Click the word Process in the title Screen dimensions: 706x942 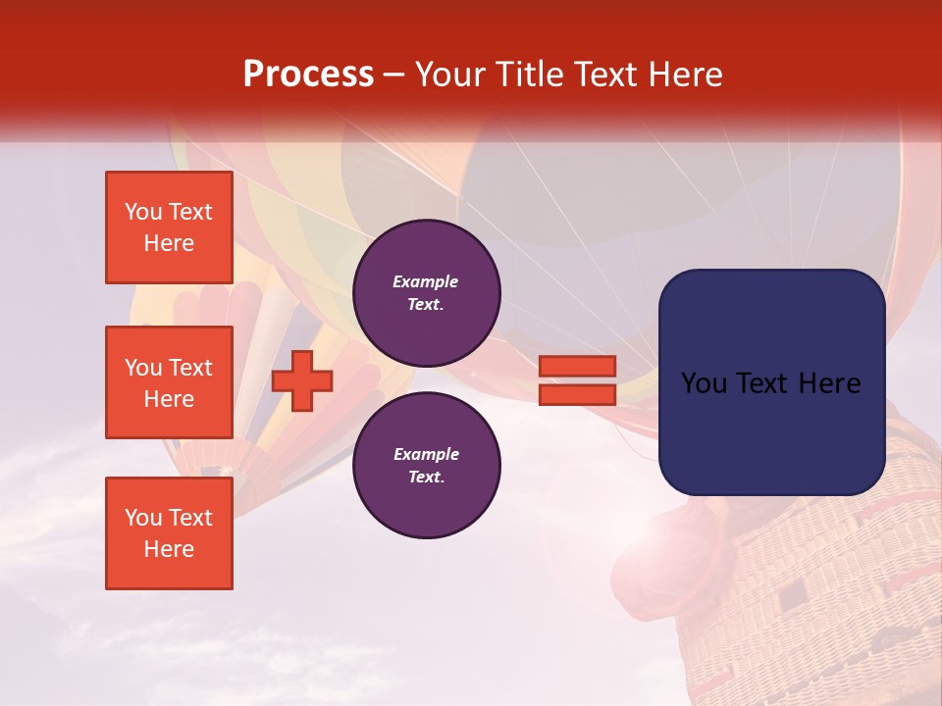coord(308,75)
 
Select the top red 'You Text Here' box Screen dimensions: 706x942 coord(169,227)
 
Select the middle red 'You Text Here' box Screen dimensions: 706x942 coord(169,382)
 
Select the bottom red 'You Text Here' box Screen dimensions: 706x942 coord(169,533)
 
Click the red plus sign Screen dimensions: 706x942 coord(301,380)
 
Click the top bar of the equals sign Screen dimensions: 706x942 coord(577,366)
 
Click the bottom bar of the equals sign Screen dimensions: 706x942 coord(577,394)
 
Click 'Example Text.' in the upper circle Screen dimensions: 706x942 coord(426,292)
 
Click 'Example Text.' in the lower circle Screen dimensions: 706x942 coord(426,466)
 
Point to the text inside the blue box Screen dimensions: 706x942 coord(771,383)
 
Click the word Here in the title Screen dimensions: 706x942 coord(683,75)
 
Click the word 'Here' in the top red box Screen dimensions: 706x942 coord(169,243)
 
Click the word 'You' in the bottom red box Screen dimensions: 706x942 coord(143,518)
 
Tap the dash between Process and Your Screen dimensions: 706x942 coord(394,75)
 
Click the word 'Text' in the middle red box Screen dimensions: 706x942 coord(190,368)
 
